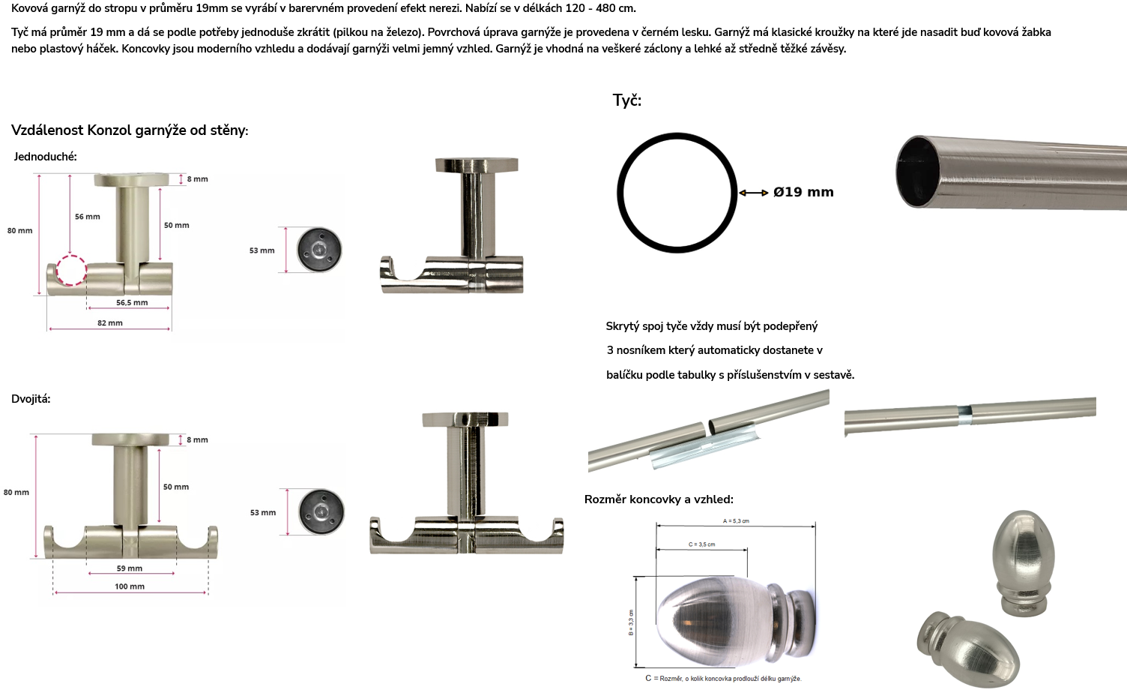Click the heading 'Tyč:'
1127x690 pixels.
(627, 100)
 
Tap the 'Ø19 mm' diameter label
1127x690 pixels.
(803, 192)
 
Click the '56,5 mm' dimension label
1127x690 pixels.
(132, 302)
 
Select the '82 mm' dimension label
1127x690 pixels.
(109, 322)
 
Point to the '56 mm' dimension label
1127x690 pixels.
(88, 217)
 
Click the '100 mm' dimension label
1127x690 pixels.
(130, 586)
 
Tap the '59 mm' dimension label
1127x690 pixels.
(130, 568)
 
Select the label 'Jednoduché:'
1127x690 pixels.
(45, 157)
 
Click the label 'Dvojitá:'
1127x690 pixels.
(31, 399)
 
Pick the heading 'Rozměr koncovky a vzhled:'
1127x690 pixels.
(659, 499)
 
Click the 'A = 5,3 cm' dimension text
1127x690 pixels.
(736, 520)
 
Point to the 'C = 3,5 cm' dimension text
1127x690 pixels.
(702, 544)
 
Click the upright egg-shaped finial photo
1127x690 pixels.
(1024, 562)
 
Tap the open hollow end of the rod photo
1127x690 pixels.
(918, 171)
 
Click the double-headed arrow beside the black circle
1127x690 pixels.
(753, 193)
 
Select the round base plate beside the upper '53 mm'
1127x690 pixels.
(319, 250)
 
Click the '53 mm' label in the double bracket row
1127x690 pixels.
(263, 512)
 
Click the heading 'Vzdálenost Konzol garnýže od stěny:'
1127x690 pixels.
(130, 130)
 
